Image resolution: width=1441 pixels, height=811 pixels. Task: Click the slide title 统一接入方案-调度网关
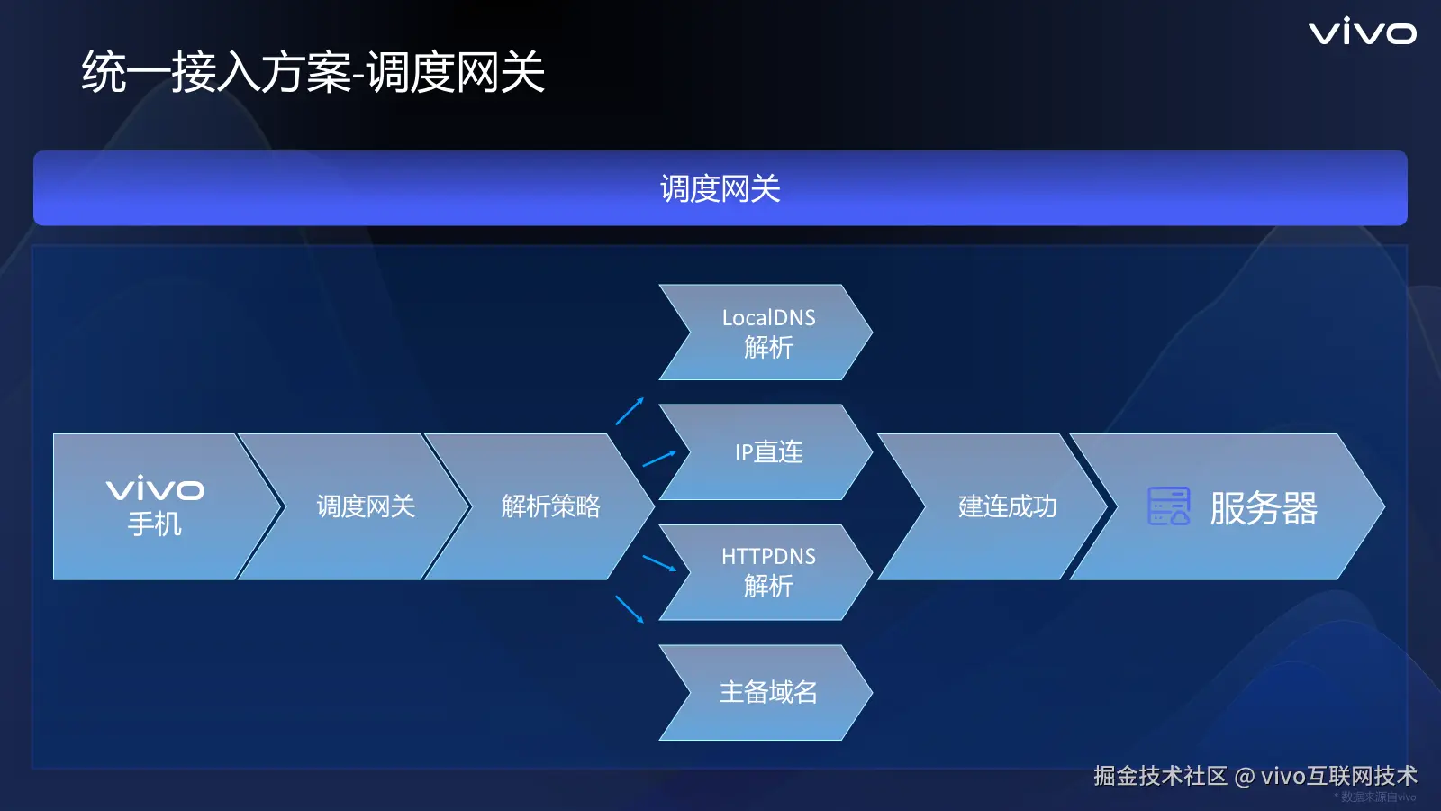(x=313, y=71)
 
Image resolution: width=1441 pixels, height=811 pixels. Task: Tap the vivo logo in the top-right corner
(x=1363, y=32)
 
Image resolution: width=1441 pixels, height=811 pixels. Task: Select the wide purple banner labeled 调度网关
(x=720, y=188)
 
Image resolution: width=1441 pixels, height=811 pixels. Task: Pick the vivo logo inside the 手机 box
(x=155, y=489)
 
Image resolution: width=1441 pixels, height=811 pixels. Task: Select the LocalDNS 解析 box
(x=766, y=333)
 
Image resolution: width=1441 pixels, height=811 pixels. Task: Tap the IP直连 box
(x=766, y=451)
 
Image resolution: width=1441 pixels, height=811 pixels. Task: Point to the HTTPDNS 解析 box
(x=766, y=572)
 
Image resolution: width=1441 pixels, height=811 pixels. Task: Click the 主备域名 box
(x=766, y=693)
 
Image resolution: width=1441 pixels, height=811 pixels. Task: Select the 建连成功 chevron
(x=994, y=506)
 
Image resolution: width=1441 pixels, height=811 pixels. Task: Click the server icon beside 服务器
(x=1169, y=506)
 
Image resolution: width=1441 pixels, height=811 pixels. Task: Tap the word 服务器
(x=1264, y=508)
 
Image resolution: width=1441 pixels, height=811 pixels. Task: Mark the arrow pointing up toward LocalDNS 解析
(x=630, y=411)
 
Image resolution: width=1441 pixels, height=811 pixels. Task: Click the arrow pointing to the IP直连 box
(x=659, y=458)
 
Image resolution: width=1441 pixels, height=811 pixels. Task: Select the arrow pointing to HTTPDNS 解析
(x=659, y=563)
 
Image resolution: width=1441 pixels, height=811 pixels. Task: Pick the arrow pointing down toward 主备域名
(x=630, y=609)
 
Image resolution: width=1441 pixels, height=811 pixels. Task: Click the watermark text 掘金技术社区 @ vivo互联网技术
(x=1255, y=776)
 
